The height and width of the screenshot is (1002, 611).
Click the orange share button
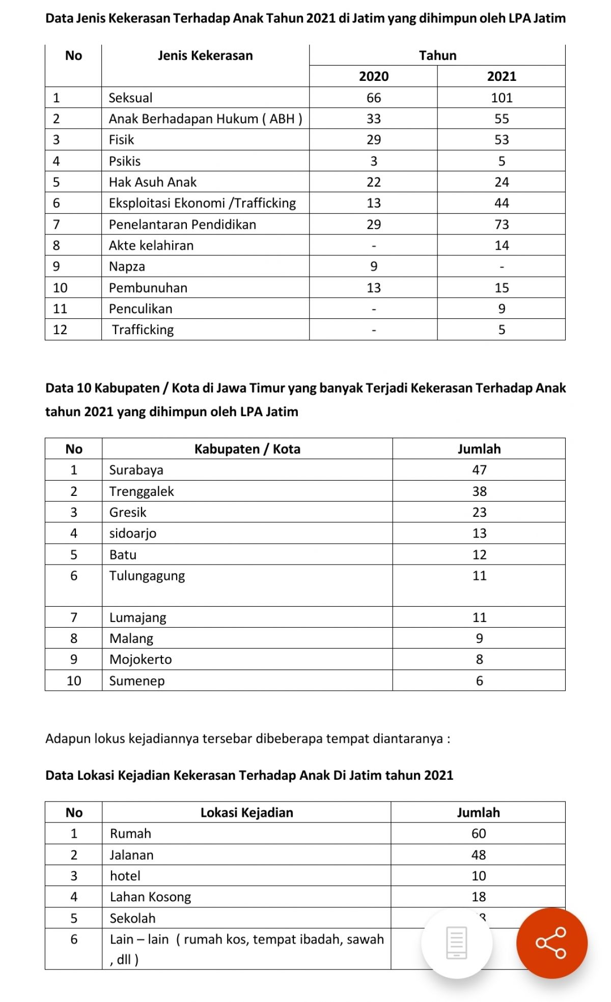tap(551, 943)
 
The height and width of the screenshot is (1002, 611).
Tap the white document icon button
tap(456, 943)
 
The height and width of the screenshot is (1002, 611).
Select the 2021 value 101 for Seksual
tap(502, 98)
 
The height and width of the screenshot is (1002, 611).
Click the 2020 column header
tap(373, 76)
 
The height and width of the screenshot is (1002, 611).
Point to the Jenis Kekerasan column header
tap(205, 55)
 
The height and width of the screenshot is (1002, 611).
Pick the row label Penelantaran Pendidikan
tap(182, 224)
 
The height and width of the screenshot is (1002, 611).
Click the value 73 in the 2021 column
tap(502, 224)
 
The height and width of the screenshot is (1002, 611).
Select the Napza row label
tap(127, 267)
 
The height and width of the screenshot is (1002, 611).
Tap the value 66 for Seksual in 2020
tap(373, 98)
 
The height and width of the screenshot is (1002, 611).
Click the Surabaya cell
tap(136, 470)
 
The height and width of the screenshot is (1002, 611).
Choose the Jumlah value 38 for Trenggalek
tap(479, 491)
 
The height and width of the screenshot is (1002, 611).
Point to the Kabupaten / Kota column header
tap(247, 449)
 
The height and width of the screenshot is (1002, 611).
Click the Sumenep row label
tap(137, 681)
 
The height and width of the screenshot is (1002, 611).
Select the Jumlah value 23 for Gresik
tap(479, 512)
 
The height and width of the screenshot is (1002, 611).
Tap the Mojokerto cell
tap(141, 659)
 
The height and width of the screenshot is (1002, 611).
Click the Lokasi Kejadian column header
tap(246, 812)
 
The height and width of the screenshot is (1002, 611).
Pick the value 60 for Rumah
tap(478, 834)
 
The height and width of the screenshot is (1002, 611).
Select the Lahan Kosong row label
tap(150, 897)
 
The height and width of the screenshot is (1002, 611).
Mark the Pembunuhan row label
tap(148, 288)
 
